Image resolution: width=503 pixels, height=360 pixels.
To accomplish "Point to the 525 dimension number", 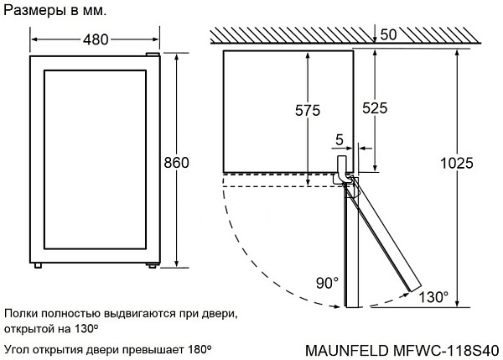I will coord(374,108).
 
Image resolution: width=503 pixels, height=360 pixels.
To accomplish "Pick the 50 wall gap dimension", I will coord(389,35).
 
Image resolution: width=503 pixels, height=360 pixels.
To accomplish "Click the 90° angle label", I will coord(328,283).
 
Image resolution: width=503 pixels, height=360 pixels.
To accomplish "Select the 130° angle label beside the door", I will coord(433,297).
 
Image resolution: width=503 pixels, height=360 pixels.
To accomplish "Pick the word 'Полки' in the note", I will coord(19,313).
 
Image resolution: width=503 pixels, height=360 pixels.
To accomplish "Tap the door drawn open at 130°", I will coord(384,242).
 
